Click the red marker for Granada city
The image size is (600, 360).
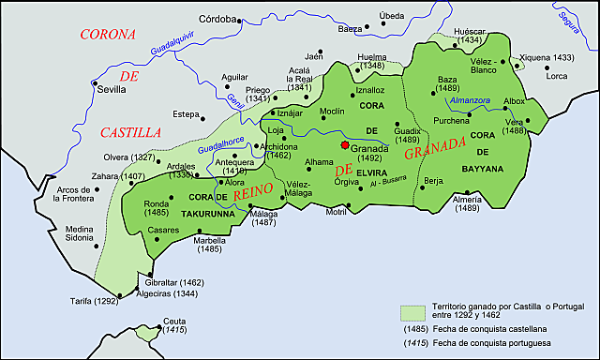point(345,146)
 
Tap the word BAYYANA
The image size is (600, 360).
point(483,169)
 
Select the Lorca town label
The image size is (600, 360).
point(557,75)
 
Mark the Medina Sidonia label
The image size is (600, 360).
point(78,233)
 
